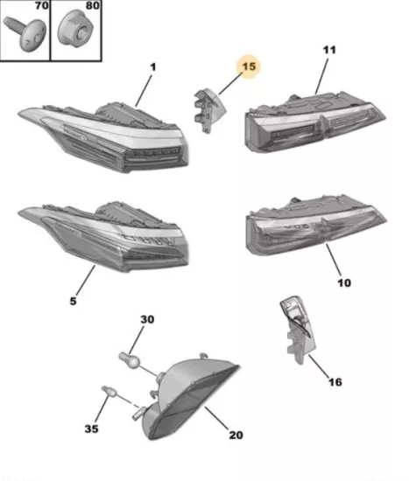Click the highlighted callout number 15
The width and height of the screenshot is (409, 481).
(249, 66)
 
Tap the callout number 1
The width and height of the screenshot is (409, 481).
(153, 67)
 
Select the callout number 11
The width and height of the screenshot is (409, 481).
(329, 50)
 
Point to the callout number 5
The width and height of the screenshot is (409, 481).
(73, 301)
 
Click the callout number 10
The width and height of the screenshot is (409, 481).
(344, 282)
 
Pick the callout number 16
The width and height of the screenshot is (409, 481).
(335, 382)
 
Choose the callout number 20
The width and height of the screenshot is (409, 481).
(236, 435)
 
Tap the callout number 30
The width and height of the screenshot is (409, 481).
(147, 319)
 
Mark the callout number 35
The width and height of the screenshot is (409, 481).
(92, 429)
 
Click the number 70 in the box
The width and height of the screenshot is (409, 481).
(42, 5)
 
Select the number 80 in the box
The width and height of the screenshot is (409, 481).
(92, 5)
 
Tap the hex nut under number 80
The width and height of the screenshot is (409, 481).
(75, 29)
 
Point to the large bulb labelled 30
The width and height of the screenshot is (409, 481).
(130, 360)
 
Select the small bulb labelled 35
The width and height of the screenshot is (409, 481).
(109, 391)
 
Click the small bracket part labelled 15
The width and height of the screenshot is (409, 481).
(209, 110)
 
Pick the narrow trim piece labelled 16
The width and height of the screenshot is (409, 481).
(298, 330)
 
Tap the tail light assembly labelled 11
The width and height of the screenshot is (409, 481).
(315, 122)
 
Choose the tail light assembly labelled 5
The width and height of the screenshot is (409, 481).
(103, 236)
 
